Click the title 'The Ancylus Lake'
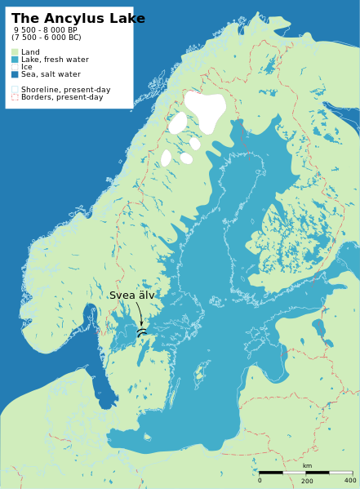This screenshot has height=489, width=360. [78, 19]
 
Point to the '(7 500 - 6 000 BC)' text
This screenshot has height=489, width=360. [47, 38]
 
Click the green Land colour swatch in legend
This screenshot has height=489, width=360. [15, 52]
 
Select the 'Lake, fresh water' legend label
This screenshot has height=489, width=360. [55, 60]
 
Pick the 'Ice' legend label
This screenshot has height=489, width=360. [27, 67]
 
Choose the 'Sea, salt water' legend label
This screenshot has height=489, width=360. [51, 74]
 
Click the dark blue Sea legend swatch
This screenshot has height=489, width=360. [15, 74]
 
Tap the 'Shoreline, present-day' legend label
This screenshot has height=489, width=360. [65, 90]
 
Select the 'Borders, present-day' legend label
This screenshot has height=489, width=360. [62, 97]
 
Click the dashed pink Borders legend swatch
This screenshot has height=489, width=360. [15, 97]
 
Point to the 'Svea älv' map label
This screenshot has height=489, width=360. [131, 296]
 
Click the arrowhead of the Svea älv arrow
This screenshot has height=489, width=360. [141, 324]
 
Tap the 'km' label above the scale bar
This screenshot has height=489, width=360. [307, 466]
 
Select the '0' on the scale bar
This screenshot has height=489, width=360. [260, 480]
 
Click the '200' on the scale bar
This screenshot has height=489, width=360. [307, 481]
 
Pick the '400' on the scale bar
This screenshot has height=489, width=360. [350, 480]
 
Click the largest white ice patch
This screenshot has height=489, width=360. [205, 109]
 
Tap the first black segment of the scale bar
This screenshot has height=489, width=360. [271, 473]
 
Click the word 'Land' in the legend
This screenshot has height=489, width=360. [30, 52]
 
